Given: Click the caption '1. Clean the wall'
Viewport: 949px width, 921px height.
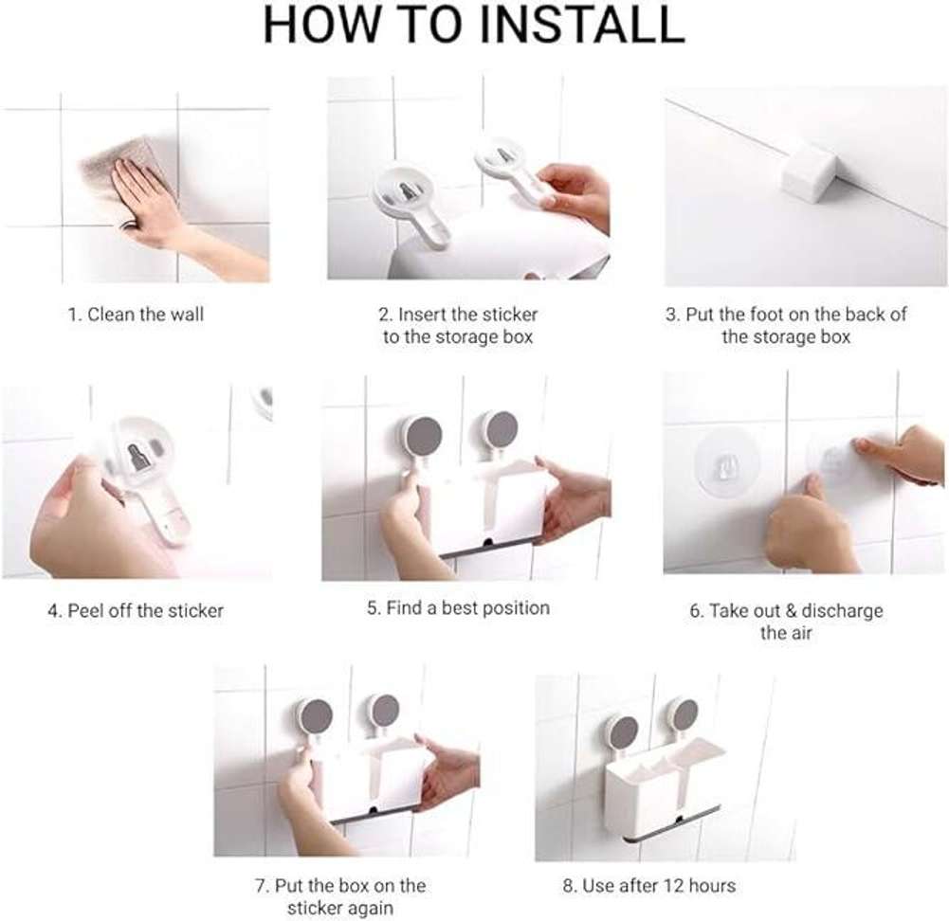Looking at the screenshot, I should click(x=135, y=315).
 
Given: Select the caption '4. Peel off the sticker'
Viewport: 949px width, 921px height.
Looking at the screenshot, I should click(x=136, y=611).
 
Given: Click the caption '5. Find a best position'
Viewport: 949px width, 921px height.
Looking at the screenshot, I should click(x=458, y=608).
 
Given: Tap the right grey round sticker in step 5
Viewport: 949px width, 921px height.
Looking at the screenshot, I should click(x=500, y=430).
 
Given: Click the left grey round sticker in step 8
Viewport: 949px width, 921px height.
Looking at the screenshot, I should click(x=623, y=731).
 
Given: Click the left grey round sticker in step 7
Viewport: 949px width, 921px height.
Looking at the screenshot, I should click(x=316, y=716).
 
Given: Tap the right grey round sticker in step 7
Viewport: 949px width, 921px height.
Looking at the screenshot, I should click(x=384, y=711).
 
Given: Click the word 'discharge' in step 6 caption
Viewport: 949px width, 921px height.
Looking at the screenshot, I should click(x=843, y=611).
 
